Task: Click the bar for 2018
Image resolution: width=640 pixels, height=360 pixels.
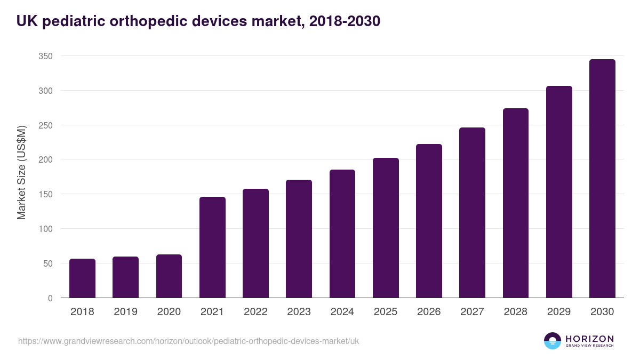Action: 82,278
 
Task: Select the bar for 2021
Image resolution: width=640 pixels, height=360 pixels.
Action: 212,247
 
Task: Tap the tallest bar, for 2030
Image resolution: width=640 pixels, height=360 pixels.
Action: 602,179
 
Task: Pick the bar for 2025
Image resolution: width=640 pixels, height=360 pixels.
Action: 386,228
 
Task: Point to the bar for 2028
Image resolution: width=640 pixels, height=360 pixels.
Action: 515,203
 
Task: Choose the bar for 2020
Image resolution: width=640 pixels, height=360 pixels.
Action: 169,276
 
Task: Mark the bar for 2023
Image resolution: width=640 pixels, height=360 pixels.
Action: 299,239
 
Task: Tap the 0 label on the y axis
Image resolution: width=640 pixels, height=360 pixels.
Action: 50,298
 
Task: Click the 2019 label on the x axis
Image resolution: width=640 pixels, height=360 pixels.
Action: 125,312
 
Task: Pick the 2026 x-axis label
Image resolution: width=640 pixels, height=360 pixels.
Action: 429,312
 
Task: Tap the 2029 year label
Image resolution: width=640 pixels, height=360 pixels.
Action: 559,312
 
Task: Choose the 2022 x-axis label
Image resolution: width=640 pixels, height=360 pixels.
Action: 255,312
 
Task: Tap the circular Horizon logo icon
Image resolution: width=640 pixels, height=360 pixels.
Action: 553,341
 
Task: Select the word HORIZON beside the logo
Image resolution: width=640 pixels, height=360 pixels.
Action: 589,338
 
